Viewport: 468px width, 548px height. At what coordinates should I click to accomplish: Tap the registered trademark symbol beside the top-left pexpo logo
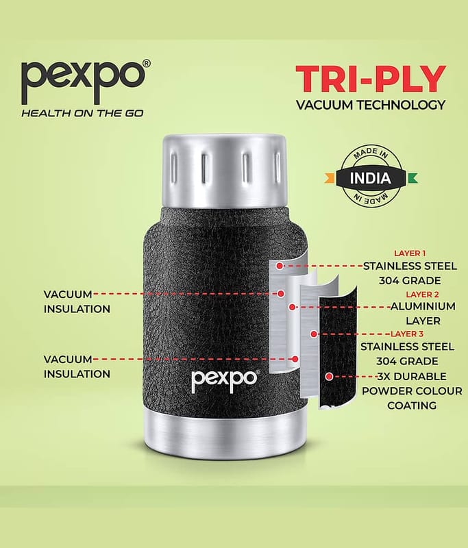[147, 64]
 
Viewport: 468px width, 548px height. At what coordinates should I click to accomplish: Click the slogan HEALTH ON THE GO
[82, 113]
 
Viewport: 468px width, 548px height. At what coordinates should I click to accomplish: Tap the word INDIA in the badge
[371, 178]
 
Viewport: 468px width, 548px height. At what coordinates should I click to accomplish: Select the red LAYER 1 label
[410, 253]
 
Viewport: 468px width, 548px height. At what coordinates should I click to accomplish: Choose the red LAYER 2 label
[422, 295]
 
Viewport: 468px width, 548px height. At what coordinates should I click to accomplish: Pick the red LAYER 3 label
[406, 334]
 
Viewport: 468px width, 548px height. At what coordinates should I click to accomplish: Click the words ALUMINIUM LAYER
[423, 314]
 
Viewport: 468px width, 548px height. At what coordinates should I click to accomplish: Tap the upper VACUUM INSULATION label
[77, 301]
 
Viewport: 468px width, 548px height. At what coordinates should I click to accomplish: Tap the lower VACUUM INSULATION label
[77, 366]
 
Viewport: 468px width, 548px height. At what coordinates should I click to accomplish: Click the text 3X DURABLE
[408, 376]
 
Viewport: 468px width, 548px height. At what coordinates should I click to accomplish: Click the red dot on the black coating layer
[328, 377]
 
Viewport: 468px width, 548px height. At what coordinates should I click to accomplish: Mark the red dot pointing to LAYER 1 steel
[280, 266]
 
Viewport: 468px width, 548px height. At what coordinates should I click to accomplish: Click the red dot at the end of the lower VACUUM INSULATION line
[295, 359]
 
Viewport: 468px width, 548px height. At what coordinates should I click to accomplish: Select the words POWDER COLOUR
[412, 390]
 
